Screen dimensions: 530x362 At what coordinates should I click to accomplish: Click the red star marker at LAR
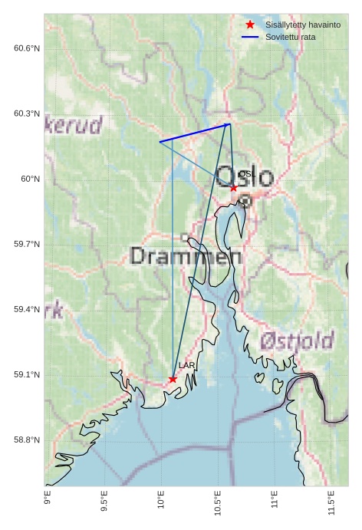pos(173,379)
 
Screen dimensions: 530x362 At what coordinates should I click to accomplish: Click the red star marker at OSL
pos(234,187)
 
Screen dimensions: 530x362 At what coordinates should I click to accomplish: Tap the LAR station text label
pos(186,366)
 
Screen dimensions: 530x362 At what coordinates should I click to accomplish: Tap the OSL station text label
pos(245,175)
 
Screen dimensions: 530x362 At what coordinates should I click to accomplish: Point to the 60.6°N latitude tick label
pos(27,48)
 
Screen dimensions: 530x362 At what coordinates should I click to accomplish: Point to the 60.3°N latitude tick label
pos(27,114)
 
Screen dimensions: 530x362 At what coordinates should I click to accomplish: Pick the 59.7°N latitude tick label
pos(27,244)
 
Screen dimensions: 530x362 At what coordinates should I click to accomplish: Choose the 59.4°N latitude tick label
pos(27,309)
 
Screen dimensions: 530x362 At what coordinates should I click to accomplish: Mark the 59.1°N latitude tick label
pos(27,374)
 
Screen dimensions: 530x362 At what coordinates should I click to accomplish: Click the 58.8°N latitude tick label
pos(27,439)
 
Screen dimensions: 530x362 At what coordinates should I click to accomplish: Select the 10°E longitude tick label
pos(162,500)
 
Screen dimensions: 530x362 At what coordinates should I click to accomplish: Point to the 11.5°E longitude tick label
pos(331,502)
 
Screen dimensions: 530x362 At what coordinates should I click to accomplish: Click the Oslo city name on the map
pos(245,177)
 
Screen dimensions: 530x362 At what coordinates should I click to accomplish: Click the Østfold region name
pos(297,341)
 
